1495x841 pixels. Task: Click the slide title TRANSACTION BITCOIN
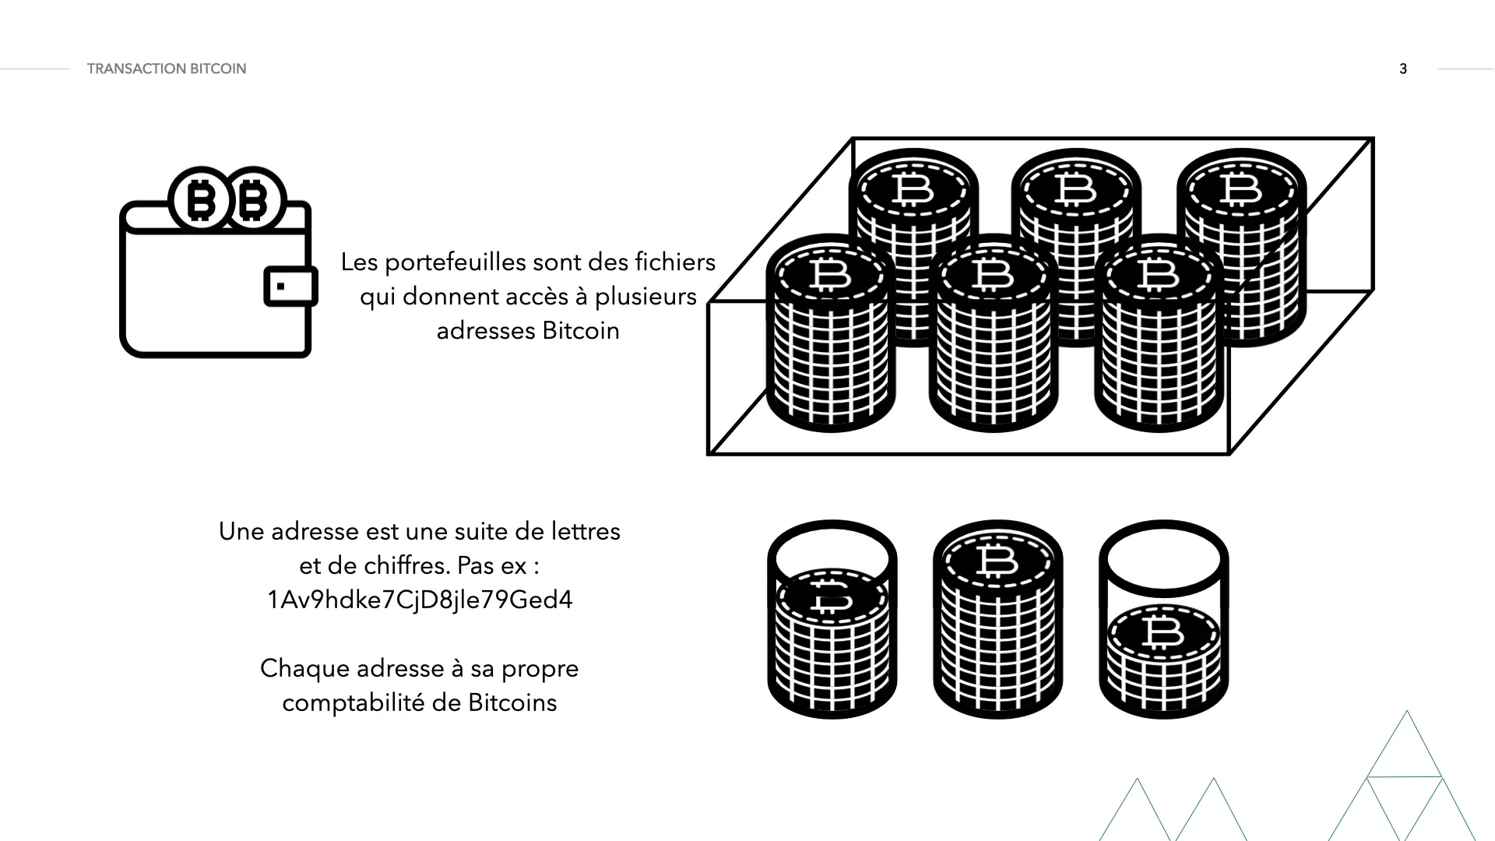[x=166, y=69]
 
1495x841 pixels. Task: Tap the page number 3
[x=1403, y=69]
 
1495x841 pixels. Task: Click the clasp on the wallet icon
[x=290, y=287]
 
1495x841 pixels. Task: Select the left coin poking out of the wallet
[x=201, y=199]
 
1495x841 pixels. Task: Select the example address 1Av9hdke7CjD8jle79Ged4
[x=420, y=600]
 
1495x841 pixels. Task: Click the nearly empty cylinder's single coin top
[x=1163, y=632]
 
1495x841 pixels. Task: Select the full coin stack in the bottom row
[x=997, y=623]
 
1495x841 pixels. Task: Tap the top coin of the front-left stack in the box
[x=830, y=274]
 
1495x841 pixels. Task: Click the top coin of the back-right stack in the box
[x=1241, y=189]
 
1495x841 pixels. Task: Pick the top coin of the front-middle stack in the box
[x=993, y=274]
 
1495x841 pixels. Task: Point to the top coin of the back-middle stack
[x=1076, y=189]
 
